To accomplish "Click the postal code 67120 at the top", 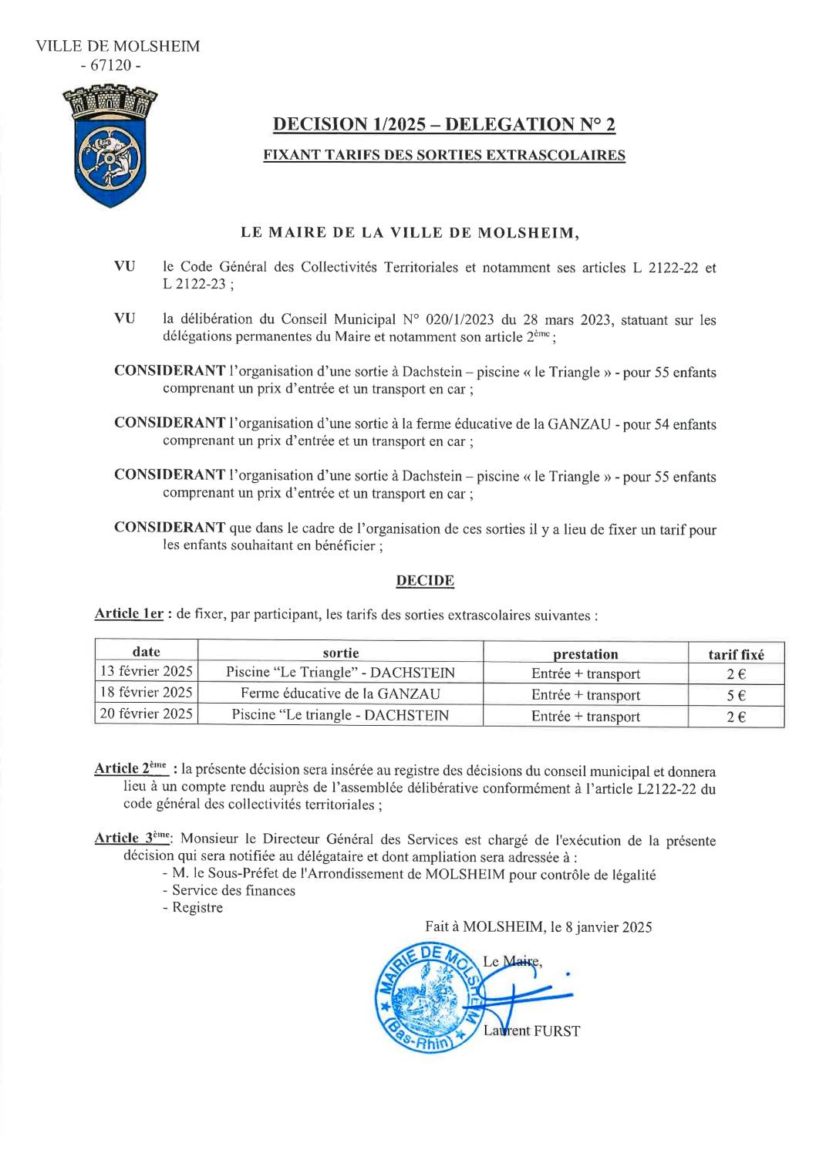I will tap(111, 66).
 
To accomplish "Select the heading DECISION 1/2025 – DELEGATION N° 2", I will tap(445, 124).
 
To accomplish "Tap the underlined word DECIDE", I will tap(425, 581).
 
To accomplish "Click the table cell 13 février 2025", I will tap(147, 671).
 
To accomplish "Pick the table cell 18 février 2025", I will tap(147, 693).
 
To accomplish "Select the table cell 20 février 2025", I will tap(147, 714).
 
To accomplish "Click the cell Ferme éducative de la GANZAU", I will tap(340, 693).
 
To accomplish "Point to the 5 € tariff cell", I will tap(736, 694).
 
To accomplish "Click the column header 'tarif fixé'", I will tap(736, 654).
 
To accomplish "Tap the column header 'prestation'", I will tap(585, 654).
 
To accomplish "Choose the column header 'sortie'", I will tap(340, 653).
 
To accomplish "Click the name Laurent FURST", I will tap(531, 1031).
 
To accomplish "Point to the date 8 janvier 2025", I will tap(609, 927).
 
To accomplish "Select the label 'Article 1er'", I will tap(128, 615).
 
